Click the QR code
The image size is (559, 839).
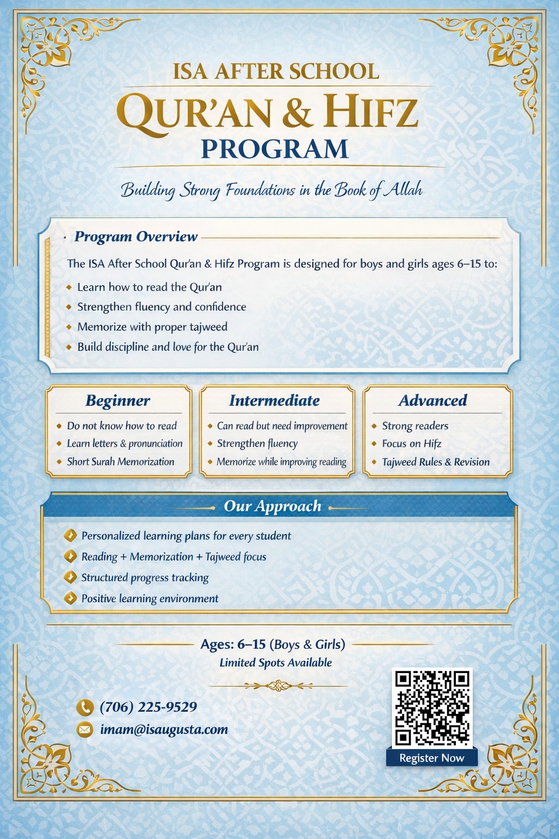pyautogui.click(x=432, y=707)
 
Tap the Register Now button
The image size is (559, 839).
pyautogui.click(x=431, y=758)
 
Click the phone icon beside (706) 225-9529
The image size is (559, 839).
pyautogui.click(x=85, y=707)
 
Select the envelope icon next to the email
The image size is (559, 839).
pyautogui.click(x=85, y=730)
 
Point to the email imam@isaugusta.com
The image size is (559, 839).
pyautogui.click(x=164, y=730)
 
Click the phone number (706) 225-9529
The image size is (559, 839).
pyautogui.click(x=148, y=707)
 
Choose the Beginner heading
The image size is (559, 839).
pyautogui.click(x=117, y=400)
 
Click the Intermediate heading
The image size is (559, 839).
pyautogui.click(x=274, y=400)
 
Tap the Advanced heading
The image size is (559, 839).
pyautogui.click(x=432, y=400)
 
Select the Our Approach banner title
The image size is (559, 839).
pyautogui.click(x=272, y=506)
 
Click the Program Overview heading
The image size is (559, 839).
pyautogui.click(x=136, y=237)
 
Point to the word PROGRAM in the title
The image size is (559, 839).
pyautogui.click(x=275, y=149)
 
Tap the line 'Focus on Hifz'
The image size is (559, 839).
pyautogui.click(x=412, y=444)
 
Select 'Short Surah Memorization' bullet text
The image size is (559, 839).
pyautogui.click(x=121, y=462)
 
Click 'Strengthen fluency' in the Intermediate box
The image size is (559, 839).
pyautogui.click(x=257, y=444)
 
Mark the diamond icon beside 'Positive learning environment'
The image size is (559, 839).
pyautogui.click(x=70, y=598)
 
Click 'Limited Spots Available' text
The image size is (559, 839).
pyautogui.click(x=275, y=663)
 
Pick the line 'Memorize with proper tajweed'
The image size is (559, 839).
pyautogui.click(x=152, y=327)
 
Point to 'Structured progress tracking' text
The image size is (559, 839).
pyautogui.click(x=145, y=577)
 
